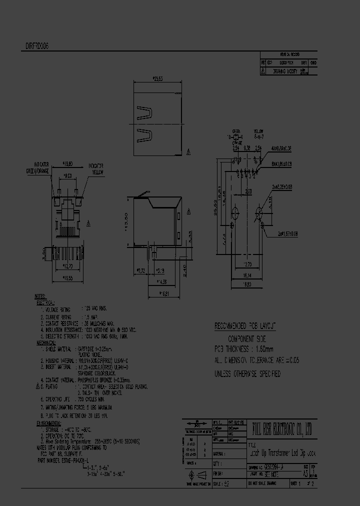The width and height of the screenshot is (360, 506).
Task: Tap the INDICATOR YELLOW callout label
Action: pos(97,168)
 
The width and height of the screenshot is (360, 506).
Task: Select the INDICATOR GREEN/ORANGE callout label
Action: pos(48,167)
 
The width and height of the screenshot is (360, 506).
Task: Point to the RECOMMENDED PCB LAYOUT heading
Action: pos(245,326)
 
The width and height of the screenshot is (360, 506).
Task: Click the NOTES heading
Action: pos(40,296)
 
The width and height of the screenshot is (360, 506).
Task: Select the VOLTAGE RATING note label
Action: pos(60,309)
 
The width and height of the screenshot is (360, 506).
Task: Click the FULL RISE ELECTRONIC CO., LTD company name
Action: pos(282,428)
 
